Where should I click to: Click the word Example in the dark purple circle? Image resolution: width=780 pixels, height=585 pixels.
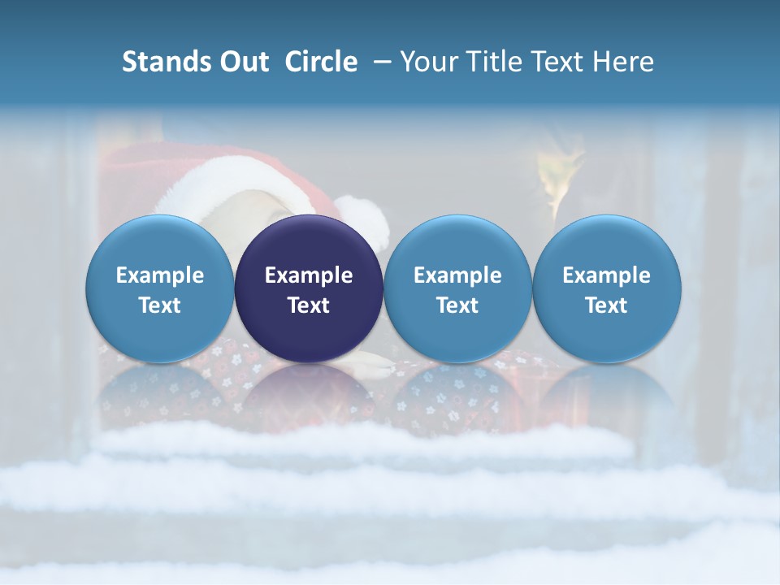309,275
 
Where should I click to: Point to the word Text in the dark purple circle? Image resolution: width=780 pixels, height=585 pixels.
309,305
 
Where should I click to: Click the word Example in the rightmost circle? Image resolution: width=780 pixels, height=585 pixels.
607,275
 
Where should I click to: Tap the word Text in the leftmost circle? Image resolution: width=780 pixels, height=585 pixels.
160,305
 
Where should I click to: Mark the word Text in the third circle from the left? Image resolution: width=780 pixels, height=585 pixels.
457,305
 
